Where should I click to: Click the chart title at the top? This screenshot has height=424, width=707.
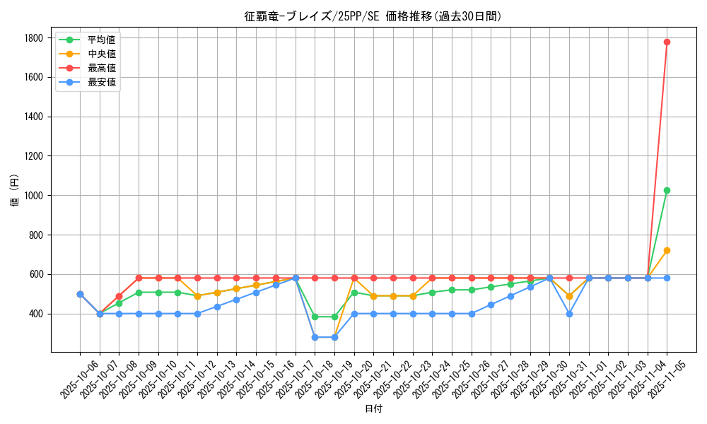click(x=373, y=16)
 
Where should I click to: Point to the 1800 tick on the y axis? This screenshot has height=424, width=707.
click(x=34, y=38)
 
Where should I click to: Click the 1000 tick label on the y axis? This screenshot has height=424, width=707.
click(x=34, y=196)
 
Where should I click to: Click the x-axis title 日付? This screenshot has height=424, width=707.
click(x=373, y=409)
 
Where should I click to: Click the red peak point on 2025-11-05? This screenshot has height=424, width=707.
click(x=667, y=42)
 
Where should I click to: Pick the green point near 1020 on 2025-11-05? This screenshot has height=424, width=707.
click(x=667, y=191)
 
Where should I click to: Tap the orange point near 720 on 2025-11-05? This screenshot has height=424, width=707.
click(x=667, y=250)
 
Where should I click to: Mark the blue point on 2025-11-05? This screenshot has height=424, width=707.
click(x=667, y=278)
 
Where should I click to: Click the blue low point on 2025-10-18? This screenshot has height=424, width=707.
click(x=315, y=337)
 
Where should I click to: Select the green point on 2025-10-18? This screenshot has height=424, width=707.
click(x=315, y=317)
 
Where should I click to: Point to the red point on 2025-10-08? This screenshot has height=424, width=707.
click(x=119, y=296)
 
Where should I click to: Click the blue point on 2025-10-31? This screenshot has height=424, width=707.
click(x=569, y=314)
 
